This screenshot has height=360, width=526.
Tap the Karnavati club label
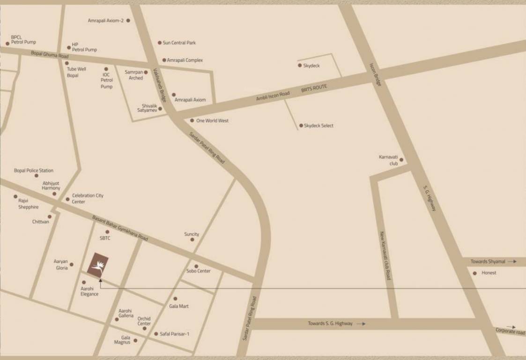tap(388, 160)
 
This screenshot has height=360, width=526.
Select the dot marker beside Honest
tap(474, 273)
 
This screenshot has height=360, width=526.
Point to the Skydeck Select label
tap(319, 126)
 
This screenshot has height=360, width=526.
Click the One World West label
tap(212, 120)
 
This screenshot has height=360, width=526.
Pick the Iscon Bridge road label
tap(376, 75)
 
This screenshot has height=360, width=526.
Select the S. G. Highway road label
tap(430, 198)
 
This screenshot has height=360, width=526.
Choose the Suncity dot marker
tap(192, 240)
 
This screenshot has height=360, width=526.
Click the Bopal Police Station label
tap(34, 171)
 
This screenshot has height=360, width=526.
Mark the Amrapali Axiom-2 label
tap(106, 21)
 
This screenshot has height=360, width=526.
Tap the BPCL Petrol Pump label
tap(23, 40)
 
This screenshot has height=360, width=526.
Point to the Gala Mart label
tap(179, 306)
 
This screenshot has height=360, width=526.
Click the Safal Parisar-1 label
tap(174, 334)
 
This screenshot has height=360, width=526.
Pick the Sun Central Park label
tap(179, 43)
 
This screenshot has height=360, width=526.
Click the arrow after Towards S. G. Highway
tap(361, 323)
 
